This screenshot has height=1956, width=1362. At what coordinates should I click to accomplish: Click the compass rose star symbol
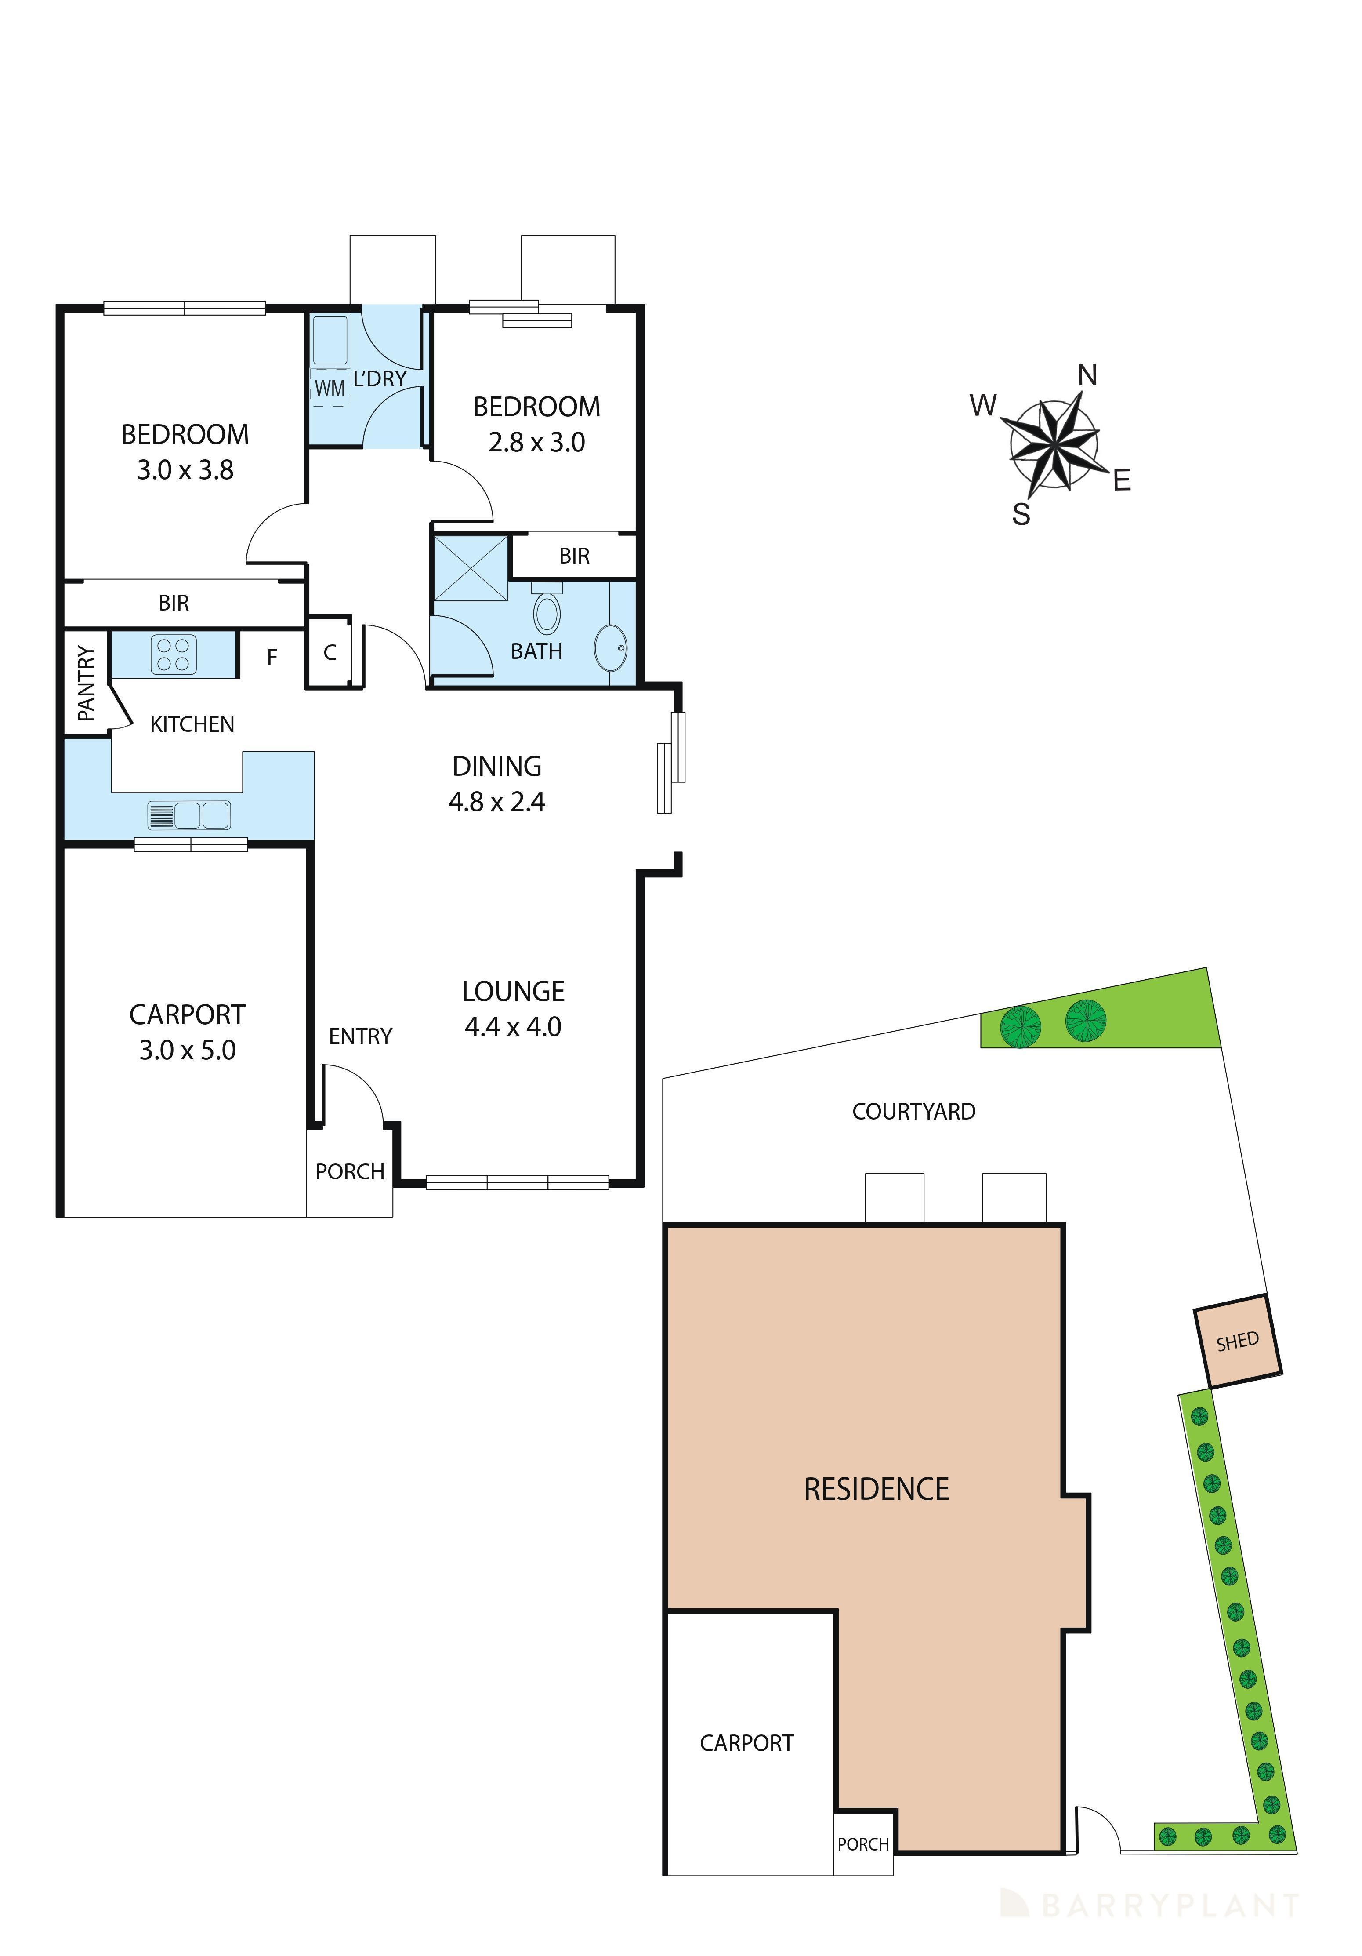click(1054, 445)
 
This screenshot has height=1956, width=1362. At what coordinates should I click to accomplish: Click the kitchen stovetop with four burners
click(174, 654)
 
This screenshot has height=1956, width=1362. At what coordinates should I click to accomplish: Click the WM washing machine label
click(330, 389)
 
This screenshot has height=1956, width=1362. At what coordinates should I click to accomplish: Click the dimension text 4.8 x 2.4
click(496, 802)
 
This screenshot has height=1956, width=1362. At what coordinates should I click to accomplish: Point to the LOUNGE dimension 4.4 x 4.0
click(513, 1026)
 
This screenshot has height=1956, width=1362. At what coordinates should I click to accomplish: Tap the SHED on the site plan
click(1237, 1342)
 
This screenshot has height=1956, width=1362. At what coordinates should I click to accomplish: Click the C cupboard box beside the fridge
click(330, 653)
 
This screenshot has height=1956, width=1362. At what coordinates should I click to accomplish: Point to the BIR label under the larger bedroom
click(174, 603)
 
